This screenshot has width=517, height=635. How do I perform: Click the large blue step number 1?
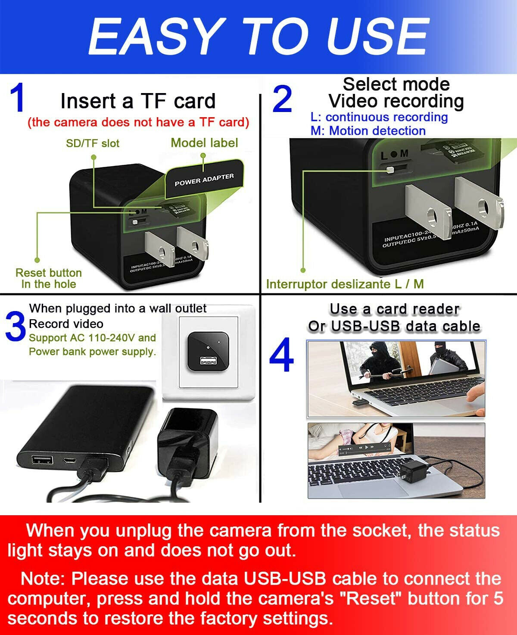pos(18,99)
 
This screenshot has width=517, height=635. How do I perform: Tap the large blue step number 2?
pos(283,100)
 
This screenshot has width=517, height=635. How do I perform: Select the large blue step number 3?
pos(16,328)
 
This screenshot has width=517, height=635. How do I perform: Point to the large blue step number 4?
pos(281,356)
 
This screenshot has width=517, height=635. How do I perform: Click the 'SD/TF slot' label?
pos(92,143)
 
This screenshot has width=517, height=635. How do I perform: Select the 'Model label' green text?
pos(204,143)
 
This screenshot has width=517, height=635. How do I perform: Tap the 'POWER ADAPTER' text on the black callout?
pos(204,180)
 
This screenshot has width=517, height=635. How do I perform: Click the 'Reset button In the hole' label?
pos(48,278)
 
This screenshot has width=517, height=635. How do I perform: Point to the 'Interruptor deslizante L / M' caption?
pos(345,284)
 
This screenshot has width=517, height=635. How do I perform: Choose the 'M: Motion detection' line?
pos(368,131)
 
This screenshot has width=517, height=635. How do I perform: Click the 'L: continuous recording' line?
pos(379,117)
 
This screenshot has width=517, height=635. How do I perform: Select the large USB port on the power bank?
pos(42,460)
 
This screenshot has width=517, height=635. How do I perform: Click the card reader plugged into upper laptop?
pos(358,402)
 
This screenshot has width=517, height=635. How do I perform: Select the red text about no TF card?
pos(138,122)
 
